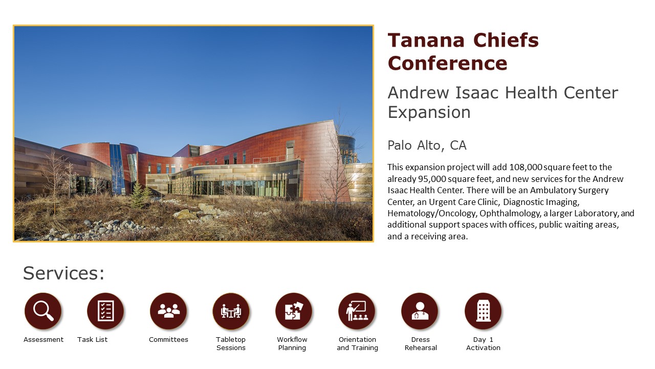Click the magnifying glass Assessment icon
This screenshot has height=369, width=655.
[43, 311]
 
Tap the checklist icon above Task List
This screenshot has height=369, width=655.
[105, 311]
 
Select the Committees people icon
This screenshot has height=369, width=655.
[168, 311]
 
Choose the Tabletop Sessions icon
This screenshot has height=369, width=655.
[231, 311]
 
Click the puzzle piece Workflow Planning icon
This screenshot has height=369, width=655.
[294, 311]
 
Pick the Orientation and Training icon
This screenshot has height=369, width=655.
[357, 311]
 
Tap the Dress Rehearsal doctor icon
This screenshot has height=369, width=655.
[420, 311]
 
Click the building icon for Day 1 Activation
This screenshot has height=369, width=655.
[483, 311]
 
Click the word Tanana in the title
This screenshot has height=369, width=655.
[426, 40]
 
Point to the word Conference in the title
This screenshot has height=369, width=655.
[447, 63]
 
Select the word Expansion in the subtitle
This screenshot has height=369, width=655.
[429, 112]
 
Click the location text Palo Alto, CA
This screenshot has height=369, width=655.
[427, 145]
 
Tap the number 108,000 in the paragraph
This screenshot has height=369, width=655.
[526, 167]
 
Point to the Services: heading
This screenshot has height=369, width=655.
[64, 273]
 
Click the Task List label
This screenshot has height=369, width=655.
[93, 339]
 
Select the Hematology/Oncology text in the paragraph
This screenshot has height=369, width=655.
[431, 213]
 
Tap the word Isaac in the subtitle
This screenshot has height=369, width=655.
[476, 93]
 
